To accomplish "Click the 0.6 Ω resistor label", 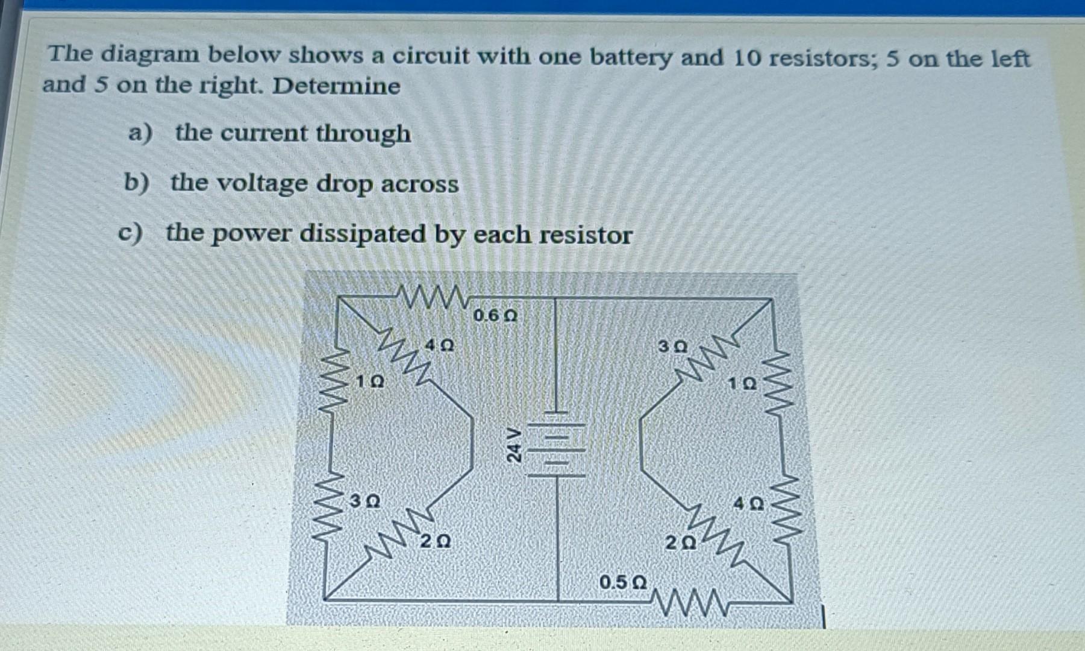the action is click(x=495, y=316).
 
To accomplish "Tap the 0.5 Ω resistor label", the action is click(x=623, y=582).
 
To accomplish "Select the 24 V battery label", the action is click(x=513, y=445).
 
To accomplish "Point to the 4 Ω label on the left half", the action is click(x=439, y=346).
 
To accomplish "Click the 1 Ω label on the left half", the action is click(x=369, y=382).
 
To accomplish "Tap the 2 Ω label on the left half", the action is click(x=435, y=541).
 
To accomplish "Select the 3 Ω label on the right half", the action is click(x=672, y=347).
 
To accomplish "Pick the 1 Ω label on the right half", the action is click(x=742, y=383).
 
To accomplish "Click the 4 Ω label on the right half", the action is click(x=748, y=503).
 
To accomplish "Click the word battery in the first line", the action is click(x=630, y=57).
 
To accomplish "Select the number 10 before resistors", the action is click(x=747, y=58).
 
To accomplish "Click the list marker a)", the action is click(x=140, y=133).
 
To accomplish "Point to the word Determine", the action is click(x=336, y=86).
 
